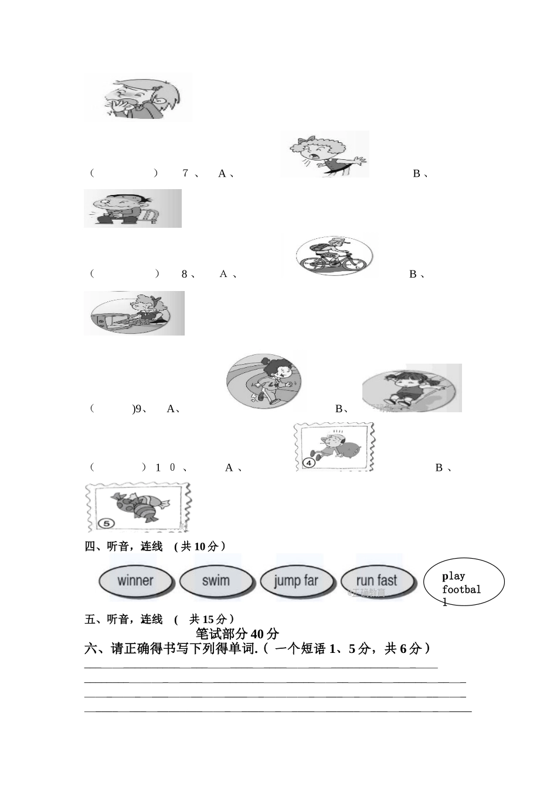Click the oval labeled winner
(x=135, y=581)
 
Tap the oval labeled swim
(x=216, y=581)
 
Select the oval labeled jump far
(x=296, y=581)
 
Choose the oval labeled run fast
(x=376, y=581)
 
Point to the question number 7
(x=185, y=173)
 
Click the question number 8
(x=184, y=274)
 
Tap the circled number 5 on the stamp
(x=106, y=522)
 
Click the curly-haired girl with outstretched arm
(x=325, y=154)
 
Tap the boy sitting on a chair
(x=132, y=208)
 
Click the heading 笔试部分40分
(x=237, y=634)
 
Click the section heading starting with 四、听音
(x=155, y=546)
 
